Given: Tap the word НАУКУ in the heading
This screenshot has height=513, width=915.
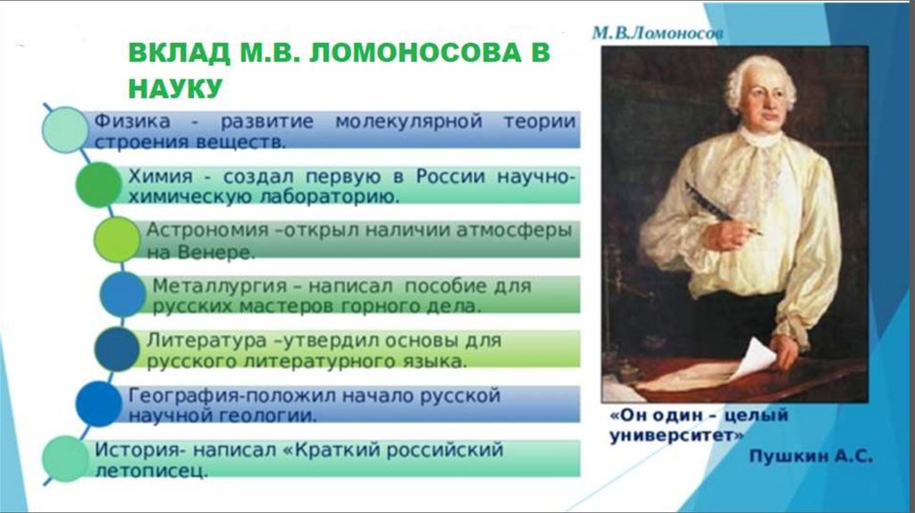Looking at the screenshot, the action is (x=175, y=88).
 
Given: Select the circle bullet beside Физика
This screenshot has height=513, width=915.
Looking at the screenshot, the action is (x=65, y=130).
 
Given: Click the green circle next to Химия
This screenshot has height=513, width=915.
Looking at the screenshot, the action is (x=98, y=184).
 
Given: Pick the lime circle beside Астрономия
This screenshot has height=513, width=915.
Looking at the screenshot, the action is (x=117, y=240).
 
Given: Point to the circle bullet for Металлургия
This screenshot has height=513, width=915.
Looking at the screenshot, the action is (x=122, y=294).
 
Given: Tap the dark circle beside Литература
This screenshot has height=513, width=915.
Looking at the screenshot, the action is (x=117, y=349).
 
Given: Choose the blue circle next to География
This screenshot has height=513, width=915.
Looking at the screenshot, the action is (x=98, y=404).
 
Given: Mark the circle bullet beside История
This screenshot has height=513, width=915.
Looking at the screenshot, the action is (x=65, y=458).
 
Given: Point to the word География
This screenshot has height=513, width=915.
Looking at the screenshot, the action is (x=184, y=397).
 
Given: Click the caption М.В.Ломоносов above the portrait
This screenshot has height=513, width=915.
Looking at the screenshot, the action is (x=658, y=33).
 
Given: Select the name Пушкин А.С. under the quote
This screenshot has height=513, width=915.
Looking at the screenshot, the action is (x=810, y=457).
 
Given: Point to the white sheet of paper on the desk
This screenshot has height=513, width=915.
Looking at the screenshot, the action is (x=752, y=357).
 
